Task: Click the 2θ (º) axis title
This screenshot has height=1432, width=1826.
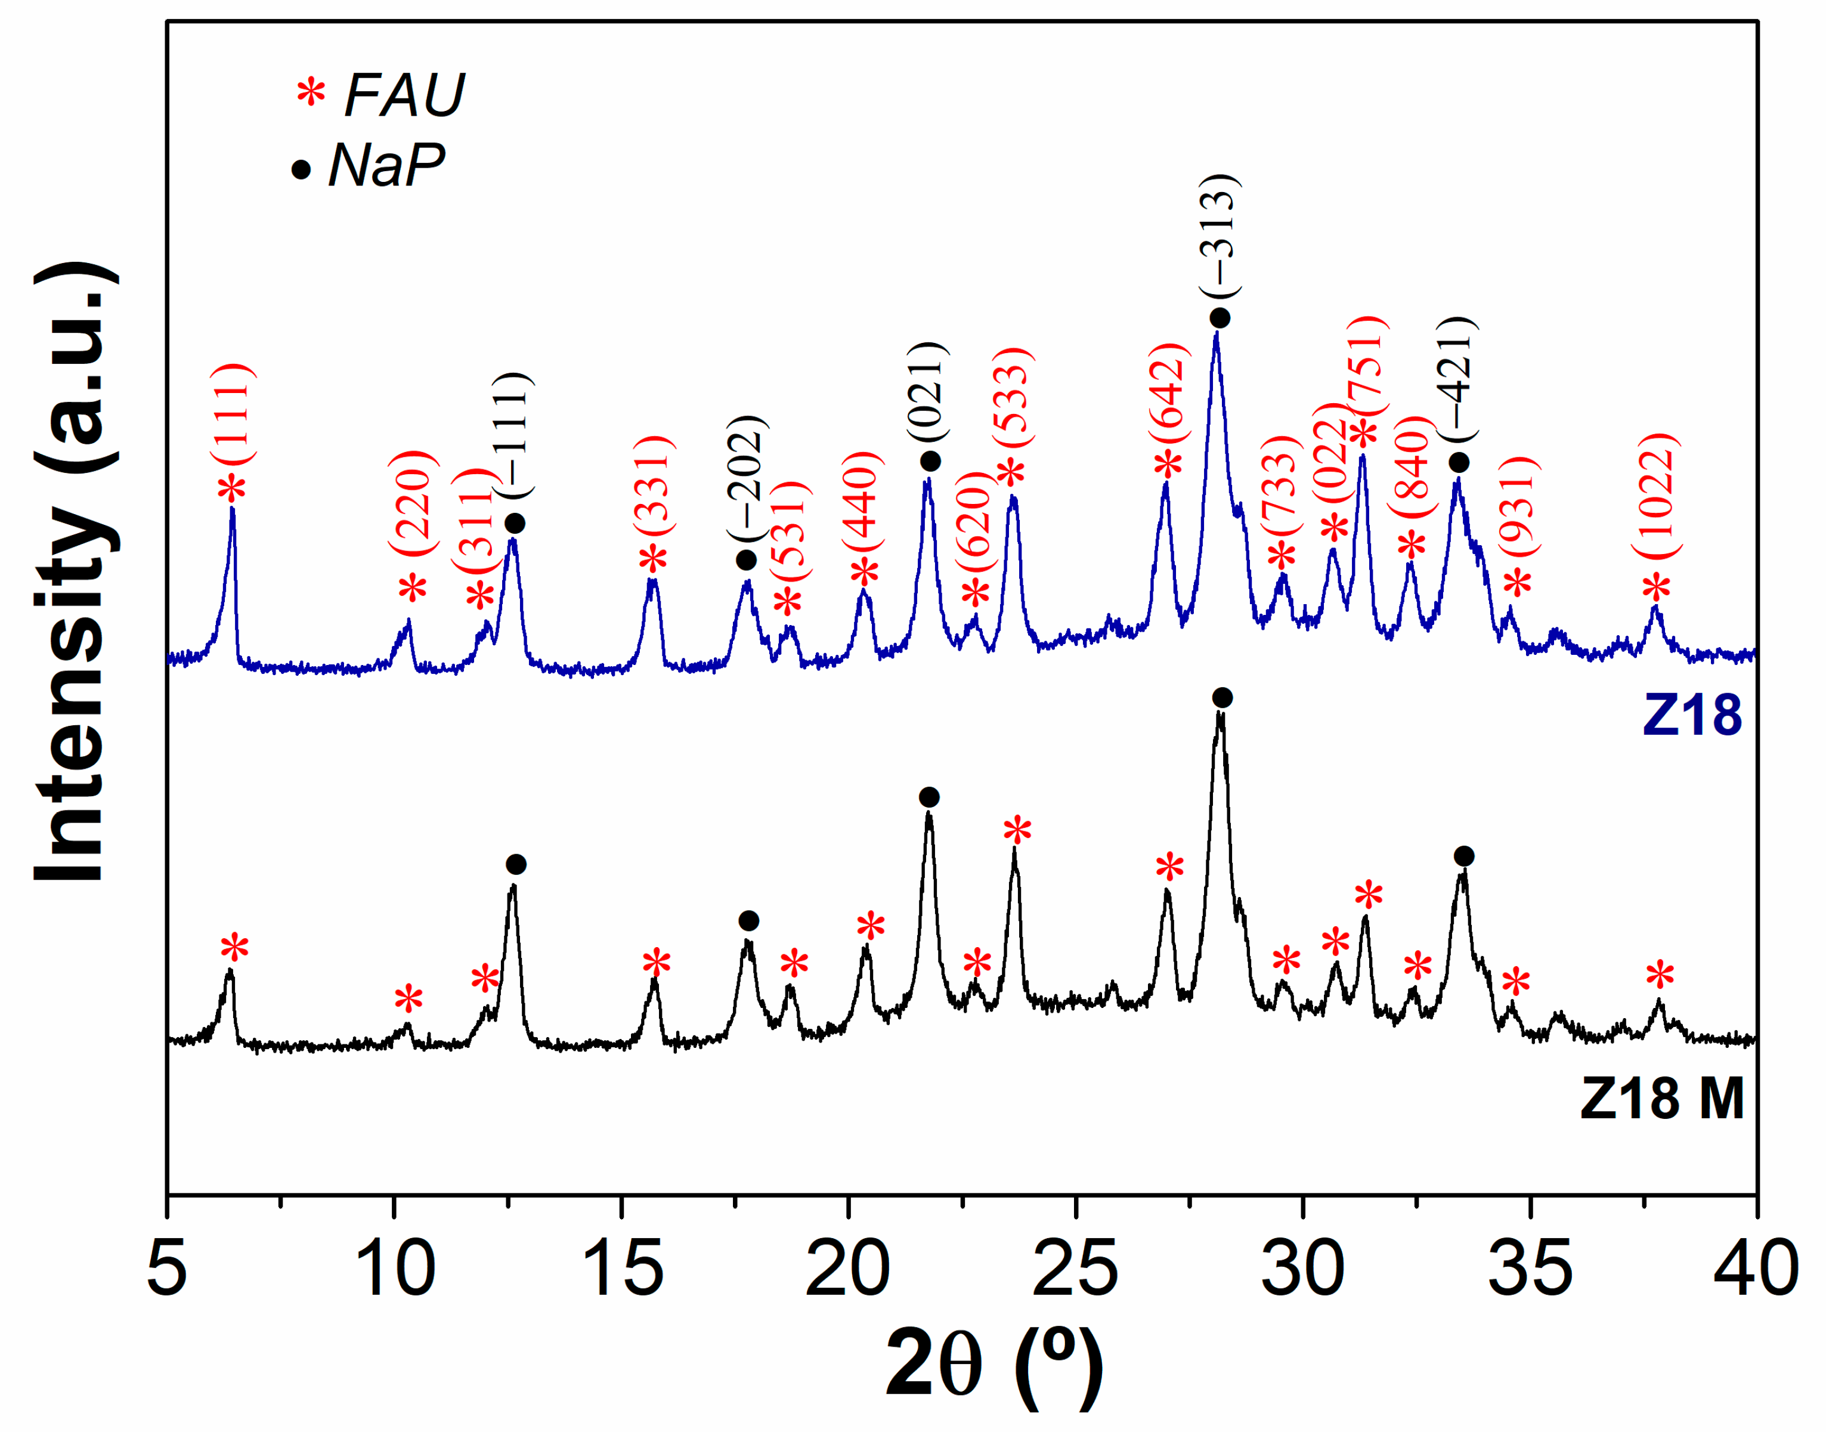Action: click(993, 1362)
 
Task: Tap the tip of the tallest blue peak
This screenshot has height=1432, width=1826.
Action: click(1216, 333)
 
